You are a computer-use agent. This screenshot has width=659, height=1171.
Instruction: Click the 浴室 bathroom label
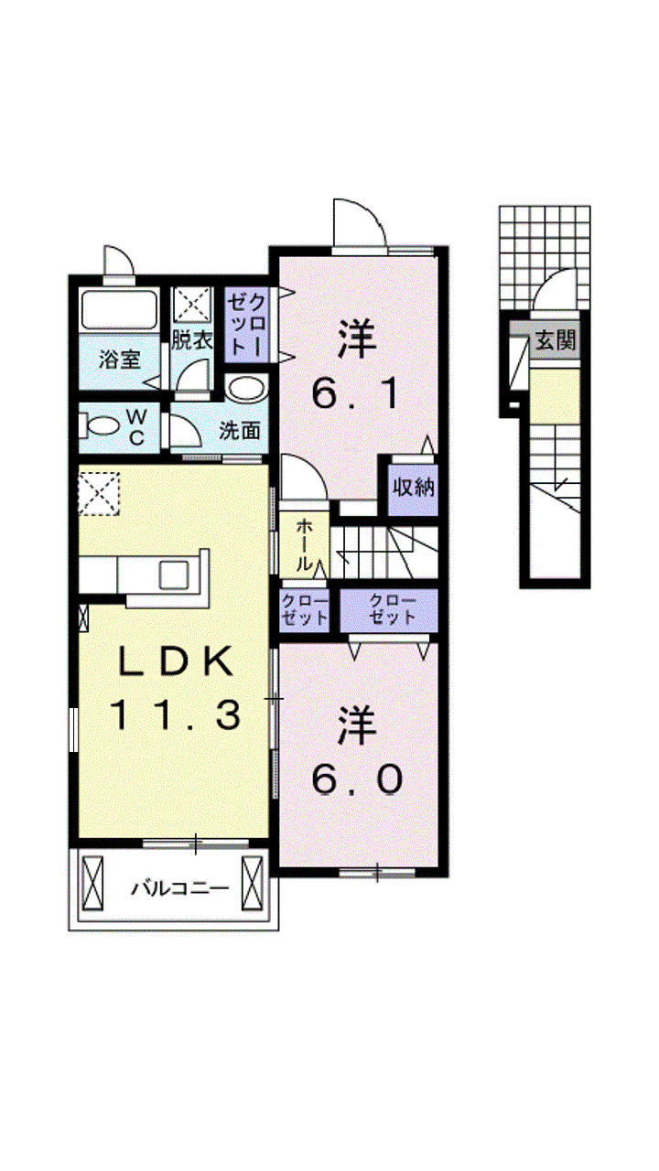120,360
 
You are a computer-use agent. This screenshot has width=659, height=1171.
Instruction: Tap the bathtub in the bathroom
119,309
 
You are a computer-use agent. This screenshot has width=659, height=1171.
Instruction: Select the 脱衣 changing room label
192,341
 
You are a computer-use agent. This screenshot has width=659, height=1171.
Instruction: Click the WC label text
136,428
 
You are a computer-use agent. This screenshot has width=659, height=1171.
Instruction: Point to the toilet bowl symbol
100,425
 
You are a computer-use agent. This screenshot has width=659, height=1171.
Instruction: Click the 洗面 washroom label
240,430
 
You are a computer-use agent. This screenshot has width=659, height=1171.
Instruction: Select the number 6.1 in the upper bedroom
357,396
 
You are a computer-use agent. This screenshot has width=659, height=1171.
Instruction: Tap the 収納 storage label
413,488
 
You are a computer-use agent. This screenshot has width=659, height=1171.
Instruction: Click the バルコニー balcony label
180,888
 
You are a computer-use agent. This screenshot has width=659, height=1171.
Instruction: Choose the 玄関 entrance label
556,341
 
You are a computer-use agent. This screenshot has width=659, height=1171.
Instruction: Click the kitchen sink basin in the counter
174,574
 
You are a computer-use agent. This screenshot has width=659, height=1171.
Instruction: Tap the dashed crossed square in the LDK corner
99,495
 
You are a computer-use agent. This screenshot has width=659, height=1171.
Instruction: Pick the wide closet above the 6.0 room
389,610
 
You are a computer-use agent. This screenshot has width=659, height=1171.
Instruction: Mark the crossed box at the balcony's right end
252,884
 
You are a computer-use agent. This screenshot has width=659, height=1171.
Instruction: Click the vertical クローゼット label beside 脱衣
246,325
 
